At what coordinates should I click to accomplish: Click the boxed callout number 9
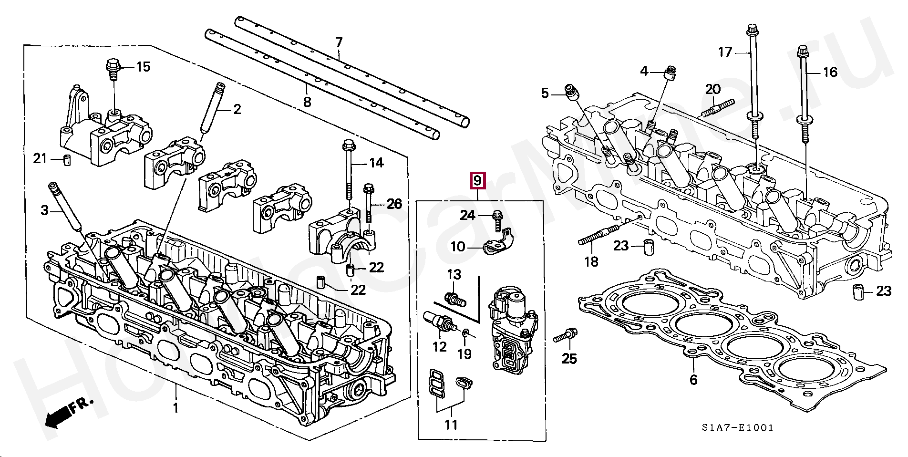click(477, 181)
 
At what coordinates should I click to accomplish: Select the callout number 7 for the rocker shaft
click(339, 42)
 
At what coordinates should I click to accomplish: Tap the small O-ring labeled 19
click(466, 332)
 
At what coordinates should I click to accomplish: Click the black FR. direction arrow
click(57, 417)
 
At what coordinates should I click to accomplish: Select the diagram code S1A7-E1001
click(737, 428)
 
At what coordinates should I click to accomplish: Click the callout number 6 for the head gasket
click(693, 380)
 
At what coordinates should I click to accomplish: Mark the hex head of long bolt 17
click(752, 30)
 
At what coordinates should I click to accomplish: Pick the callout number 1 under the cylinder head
click(175, 408)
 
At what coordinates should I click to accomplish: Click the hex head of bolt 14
click(348, 145)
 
